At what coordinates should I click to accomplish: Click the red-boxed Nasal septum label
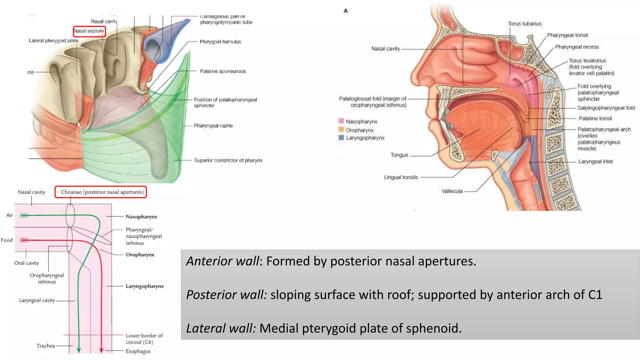tap(89, 31)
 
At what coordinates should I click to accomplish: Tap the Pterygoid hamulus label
tap(220, 42)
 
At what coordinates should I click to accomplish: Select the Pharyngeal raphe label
tap(213, 125)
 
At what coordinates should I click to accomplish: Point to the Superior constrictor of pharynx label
tap(228, 160)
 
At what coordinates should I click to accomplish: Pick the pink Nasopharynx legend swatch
tap(341, 121)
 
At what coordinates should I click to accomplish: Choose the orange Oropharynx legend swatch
tap(341, 130)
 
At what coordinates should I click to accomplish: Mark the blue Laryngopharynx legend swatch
tap(341, 137)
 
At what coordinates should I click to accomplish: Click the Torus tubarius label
tap(524, 24)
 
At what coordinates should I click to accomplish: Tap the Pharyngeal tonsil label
tap(567, 35)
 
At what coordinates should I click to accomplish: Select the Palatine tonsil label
tap(595, 118)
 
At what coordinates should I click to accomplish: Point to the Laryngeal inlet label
tap(595, 162)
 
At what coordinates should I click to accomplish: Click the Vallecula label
tap(452, 191)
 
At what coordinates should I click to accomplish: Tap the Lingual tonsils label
tap(401, 177)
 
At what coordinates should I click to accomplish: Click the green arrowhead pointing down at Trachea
tap(79, 350)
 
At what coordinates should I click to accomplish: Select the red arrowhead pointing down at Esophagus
tap(101, 350)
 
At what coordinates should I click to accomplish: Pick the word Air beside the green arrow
tap(10, 215)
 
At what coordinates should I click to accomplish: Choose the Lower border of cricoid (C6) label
tap(144, 339)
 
